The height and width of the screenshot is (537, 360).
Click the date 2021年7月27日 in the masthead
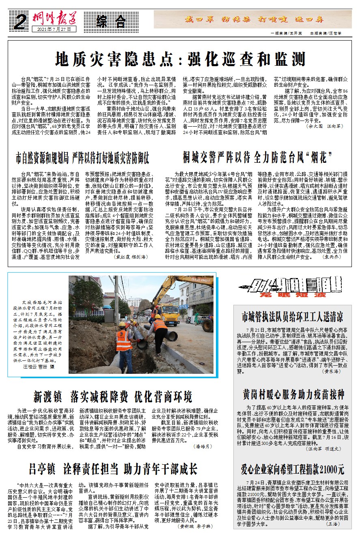pyautogui.click(x=56, y=30)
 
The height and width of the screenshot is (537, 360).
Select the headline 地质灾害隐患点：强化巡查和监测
pyautogui.click(x=180, y=60)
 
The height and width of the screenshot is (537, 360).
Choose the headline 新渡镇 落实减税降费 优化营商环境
pyautogui.click(x=113, y=396)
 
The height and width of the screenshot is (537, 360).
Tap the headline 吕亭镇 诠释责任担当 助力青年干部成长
pyautogui.click(x=113, y=469)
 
